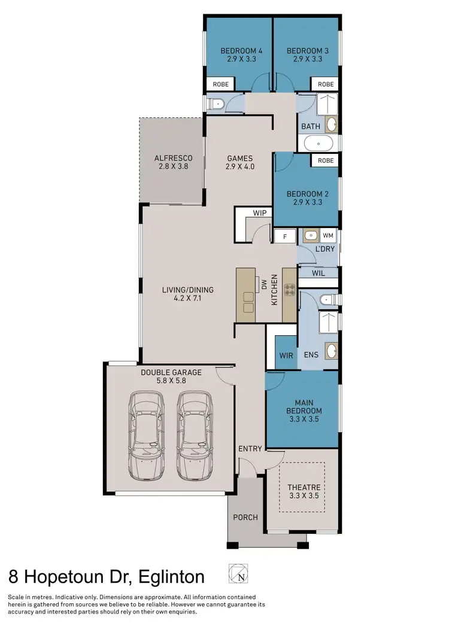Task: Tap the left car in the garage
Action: [x=147, y=435]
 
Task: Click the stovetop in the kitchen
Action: [x=290, y=290]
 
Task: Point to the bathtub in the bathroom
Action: [x=318, y=144]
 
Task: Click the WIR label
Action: [x=287, y=356]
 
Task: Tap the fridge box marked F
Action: [x=285, y=236]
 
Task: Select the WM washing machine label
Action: [x=329, y=235]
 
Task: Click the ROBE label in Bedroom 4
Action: [x=221, y=84]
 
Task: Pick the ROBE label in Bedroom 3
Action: [x=326, y=84]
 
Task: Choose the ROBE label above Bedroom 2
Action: [x=326, y=160]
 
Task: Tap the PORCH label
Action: [x=245, y=517]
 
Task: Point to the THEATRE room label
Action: [x=304, y=487]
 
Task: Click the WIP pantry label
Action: [x=259, y=212]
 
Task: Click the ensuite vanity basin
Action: [x=331, y=351]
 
